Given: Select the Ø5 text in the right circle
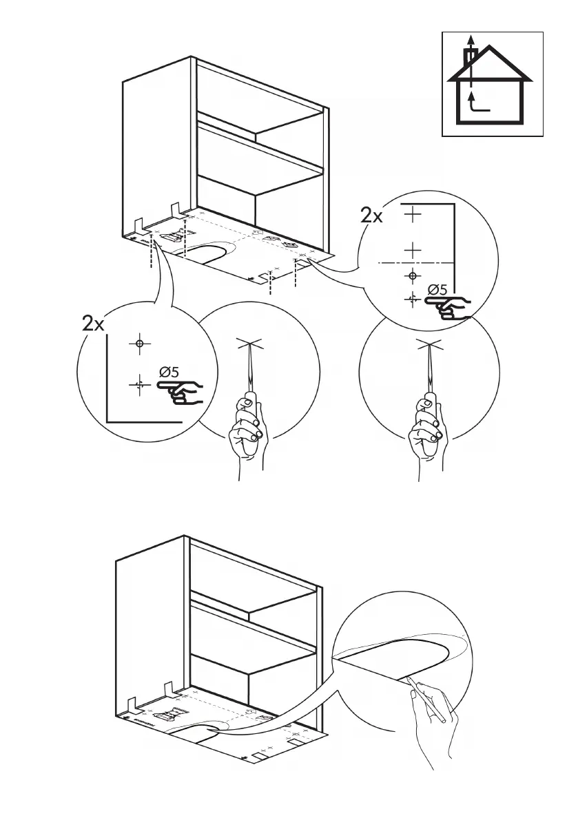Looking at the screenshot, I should click(437, 290).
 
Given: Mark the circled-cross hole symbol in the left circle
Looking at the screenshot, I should click(139, 343).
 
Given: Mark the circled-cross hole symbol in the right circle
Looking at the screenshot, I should click(413, 276).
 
